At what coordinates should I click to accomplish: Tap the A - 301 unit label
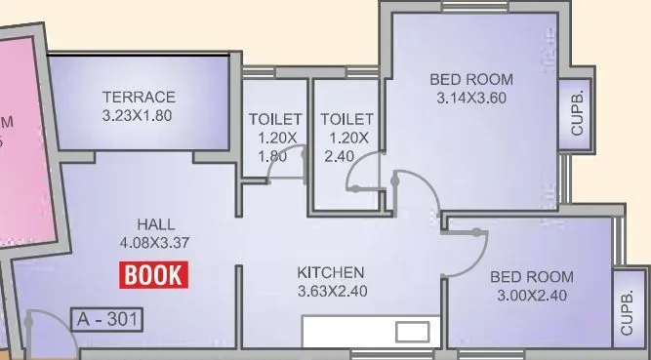[x=106, y=319]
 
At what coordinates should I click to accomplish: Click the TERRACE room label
[x=140, y=97]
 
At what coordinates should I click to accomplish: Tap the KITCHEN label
[x=331, y=272]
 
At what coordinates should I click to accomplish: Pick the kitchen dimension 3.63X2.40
[x=331, y=290]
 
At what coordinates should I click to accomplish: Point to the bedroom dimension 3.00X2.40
[x=532, y=296]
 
